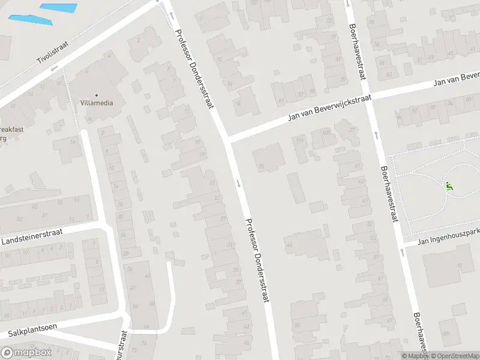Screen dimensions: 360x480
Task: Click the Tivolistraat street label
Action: click(53, 52)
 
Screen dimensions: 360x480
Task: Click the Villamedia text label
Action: click(97, 103)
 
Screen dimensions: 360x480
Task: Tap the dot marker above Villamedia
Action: click(96, 94)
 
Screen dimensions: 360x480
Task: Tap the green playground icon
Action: click(449, 185)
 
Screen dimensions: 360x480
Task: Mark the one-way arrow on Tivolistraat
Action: click(53, 68)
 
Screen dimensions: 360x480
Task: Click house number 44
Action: click(289, 244)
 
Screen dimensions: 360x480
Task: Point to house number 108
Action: click(326, 131)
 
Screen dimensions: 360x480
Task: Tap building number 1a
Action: click(74, 142)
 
